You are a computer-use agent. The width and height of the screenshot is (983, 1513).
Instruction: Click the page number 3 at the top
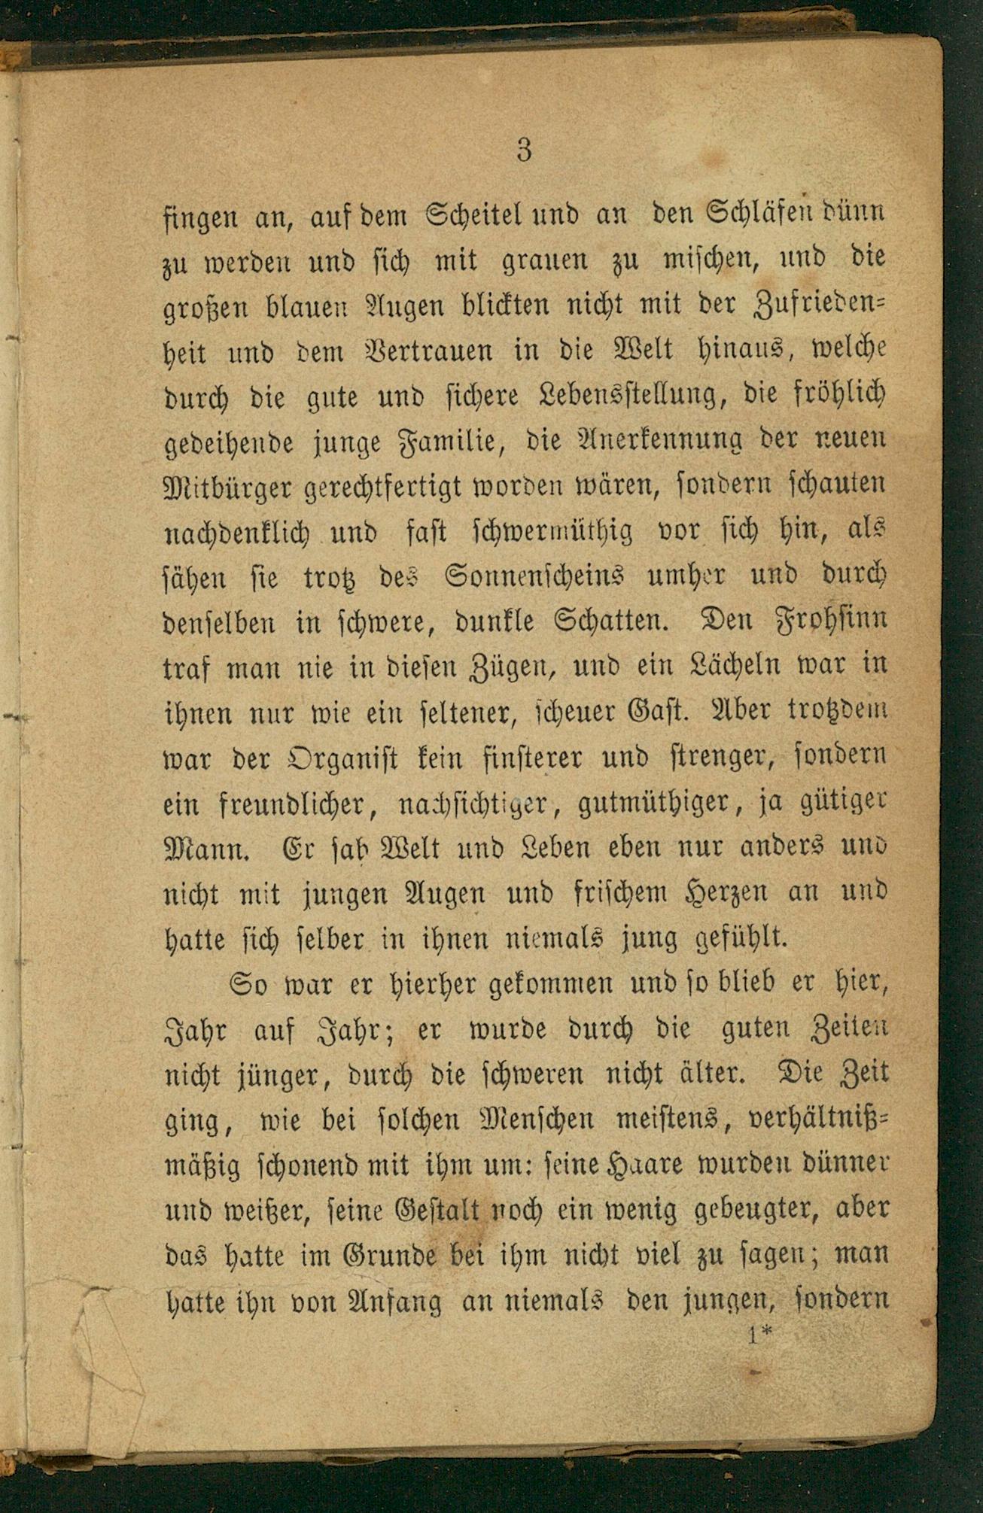(x=525, y=150)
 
